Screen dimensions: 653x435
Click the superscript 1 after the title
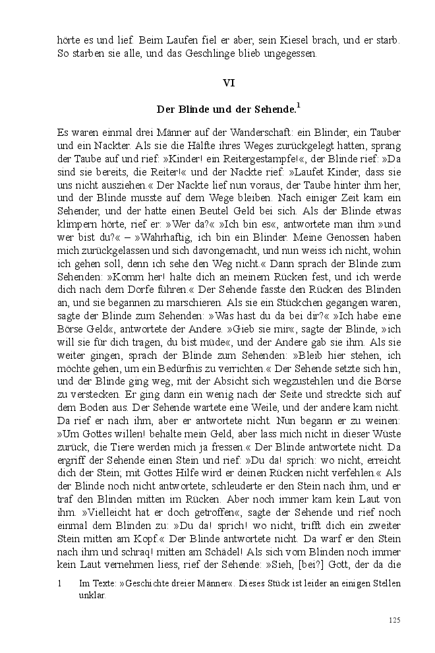[299, 104]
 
